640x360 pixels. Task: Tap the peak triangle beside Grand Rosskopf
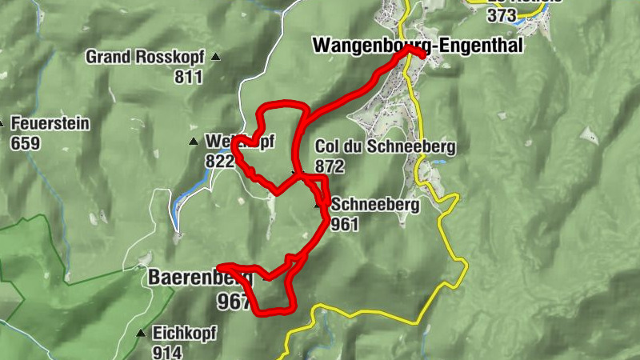pyautogui.click(x=215, y=57)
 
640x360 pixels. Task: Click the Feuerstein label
pyautogui.click(x=50, y=124)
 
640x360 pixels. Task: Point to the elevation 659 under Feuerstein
pyautogui.click(x=26, y=143)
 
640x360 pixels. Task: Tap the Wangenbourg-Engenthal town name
pyautogui.click(x=417, y=45)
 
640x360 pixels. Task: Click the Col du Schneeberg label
pyautogui.click(x=385, y=146)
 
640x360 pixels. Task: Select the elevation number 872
pyautogui.click(x=330, y=166)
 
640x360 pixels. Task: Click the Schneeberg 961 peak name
pyautogui.click(x=374, y=205)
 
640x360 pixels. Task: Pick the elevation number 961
pyautogui.click(x=345, y=224)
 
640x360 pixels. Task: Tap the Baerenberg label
pyautogui.click(x=199, y=278)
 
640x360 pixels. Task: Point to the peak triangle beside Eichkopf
pyautogui.click(x=142, y=333)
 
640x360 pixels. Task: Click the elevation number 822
pyautogui.click(x=219, y=161)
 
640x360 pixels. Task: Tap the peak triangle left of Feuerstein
pyautogui.click(x=2, y=124)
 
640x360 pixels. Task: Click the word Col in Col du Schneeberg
pyautogui.click(x=328, y=146)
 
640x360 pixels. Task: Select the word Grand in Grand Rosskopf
pyautogui.click(x=109, y=57)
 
